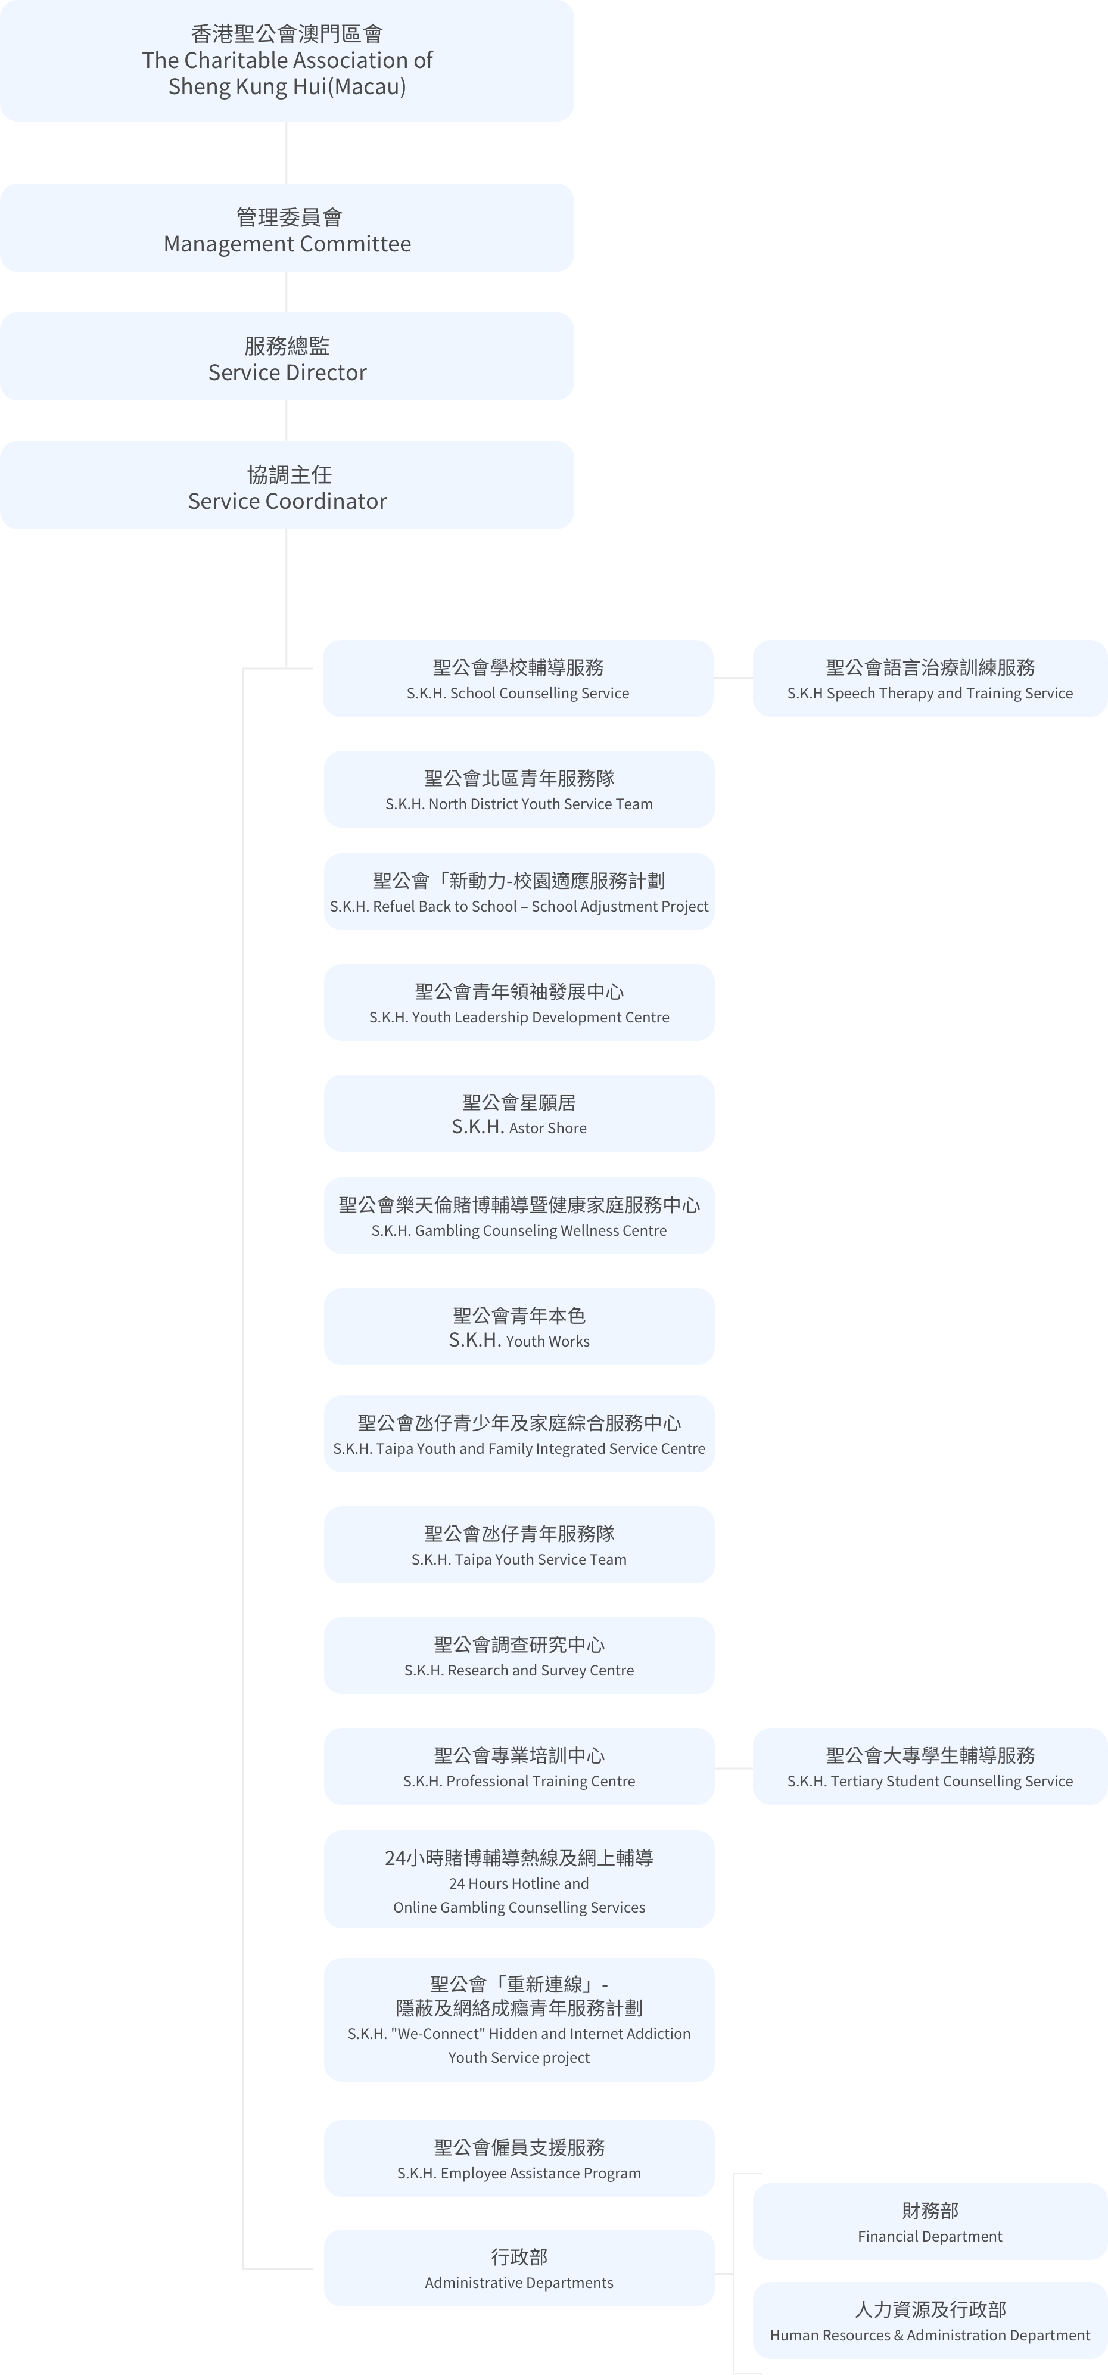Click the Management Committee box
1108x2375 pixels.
point(287,228)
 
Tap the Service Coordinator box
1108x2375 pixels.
point(287,485)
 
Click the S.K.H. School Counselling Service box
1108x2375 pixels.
point(518,679)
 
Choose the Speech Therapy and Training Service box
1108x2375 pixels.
point(930,679)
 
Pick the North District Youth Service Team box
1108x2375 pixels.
point(519,789)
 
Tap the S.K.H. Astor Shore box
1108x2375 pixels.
point(519,1113)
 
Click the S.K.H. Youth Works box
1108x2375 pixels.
point(519,1327)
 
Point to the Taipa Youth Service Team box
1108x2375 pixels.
point(519,1544)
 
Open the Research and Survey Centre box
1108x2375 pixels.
point(519,1655)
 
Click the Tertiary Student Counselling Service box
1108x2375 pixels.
point(930,1767)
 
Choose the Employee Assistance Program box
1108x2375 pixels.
point(519,2158)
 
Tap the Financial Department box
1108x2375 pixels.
point(930,2221)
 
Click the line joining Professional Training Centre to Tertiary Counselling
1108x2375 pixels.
point(734,1768)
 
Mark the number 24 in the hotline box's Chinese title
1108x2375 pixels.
point(394,1858)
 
